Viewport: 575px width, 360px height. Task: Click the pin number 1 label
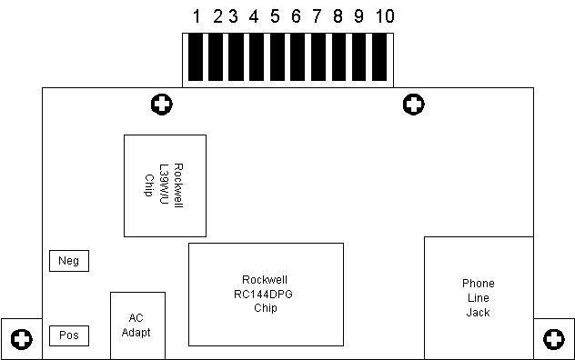[x=197, y=16]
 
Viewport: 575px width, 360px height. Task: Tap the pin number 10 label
[x=385, y=16]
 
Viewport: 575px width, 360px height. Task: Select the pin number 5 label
[x=275, y=16]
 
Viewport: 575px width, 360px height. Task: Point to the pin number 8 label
[x=338, y=16]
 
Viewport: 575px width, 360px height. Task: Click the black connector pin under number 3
[x=236, y=57]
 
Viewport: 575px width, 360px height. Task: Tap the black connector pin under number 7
[x=318, y=57]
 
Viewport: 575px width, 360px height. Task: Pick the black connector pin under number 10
[x=379, y=57]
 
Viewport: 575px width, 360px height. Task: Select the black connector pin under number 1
[x=196, y=57]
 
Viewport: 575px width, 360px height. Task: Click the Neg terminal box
[x=69, y=261]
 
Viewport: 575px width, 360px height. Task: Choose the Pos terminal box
[x=69, y=335]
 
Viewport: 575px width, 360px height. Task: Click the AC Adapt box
[x=138, y=325]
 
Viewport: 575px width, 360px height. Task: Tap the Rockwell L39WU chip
[x=165, y=185]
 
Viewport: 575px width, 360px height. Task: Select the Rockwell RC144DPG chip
[x=266, y=295]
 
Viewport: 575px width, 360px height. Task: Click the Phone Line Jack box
[x=479, y=297]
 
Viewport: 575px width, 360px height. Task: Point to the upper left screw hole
[x=162, y=105]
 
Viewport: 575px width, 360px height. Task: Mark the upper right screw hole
[x=414, y=105]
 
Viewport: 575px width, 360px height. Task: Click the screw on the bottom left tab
[x=22, y=339]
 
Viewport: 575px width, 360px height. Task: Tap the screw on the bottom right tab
[x=554, y=339]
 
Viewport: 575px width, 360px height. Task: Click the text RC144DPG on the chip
[x=263, y=295]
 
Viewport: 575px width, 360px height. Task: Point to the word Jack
[x=479, y=313]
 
